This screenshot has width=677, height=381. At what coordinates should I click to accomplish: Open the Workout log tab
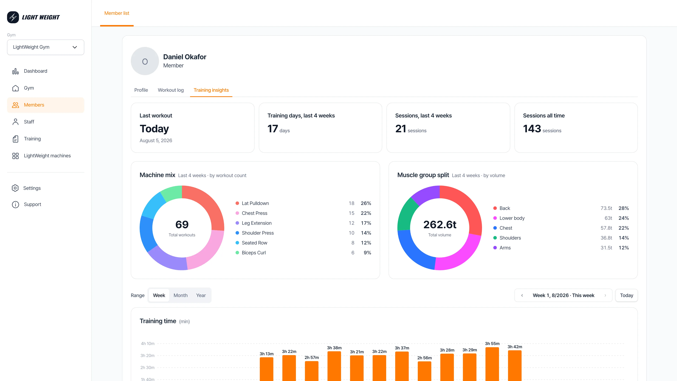click(170, 90)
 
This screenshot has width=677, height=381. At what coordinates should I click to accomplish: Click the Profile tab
click(141, 90)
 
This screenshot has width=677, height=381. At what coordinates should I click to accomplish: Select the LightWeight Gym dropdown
click(45, 47)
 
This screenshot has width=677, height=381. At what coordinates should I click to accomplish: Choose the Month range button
click(181, 295)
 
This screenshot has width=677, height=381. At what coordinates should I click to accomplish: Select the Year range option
click(201, 295)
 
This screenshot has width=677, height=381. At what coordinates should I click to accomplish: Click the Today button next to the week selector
click(627, 295)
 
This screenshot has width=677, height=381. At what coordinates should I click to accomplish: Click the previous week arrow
click(522, 295)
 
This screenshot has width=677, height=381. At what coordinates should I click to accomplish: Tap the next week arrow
click(605, 295)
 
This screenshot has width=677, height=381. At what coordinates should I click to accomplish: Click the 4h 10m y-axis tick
click(148, 343)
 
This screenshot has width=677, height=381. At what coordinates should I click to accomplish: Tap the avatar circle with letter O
click(145, 61)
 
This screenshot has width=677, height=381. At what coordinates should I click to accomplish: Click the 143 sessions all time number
click(532, 129)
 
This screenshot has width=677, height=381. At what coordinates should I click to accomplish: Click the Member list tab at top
click(117, 13)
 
